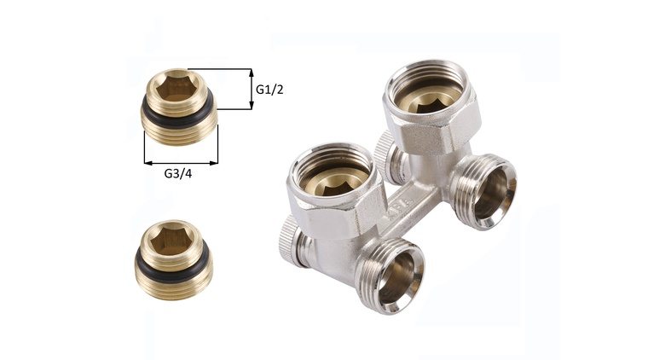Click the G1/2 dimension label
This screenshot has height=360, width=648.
pyautogui.click(x=269, y=90)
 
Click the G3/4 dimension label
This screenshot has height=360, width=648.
pyautogui.click(x=178, y=173)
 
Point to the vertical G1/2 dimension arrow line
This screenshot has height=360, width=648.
pyautogui.click(x=251, y=89)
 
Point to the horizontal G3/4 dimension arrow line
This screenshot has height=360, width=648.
pyautogui.click(x=181, y=163)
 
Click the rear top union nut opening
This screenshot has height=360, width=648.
pyautogui.click(x=430, y=94)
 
